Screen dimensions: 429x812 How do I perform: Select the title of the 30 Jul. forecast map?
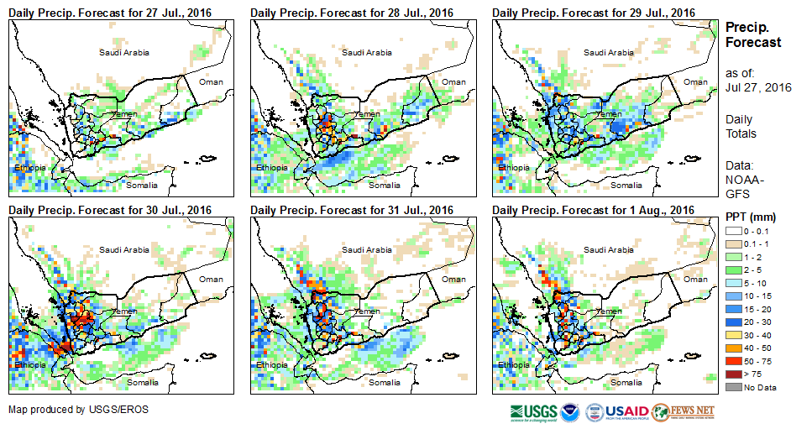[109, 210]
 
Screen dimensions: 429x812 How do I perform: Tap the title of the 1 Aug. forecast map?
[593, 210]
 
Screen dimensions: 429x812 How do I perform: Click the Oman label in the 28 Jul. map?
[453, 81]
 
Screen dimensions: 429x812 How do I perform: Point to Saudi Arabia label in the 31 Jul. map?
[366, 249]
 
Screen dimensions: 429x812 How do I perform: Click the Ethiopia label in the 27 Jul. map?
[29, 168]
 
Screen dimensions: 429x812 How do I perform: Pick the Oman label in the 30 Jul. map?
[212, 280]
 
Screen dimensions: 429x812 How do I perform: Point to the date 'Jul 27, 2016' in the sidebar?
[759, 88]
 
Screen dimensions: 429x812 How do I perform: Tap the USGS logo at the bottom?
[532, 412]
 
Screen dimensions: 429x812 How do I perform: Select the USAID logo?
[626, 412]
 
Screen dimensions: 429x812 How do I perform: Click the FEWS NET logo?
[683, 412]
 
